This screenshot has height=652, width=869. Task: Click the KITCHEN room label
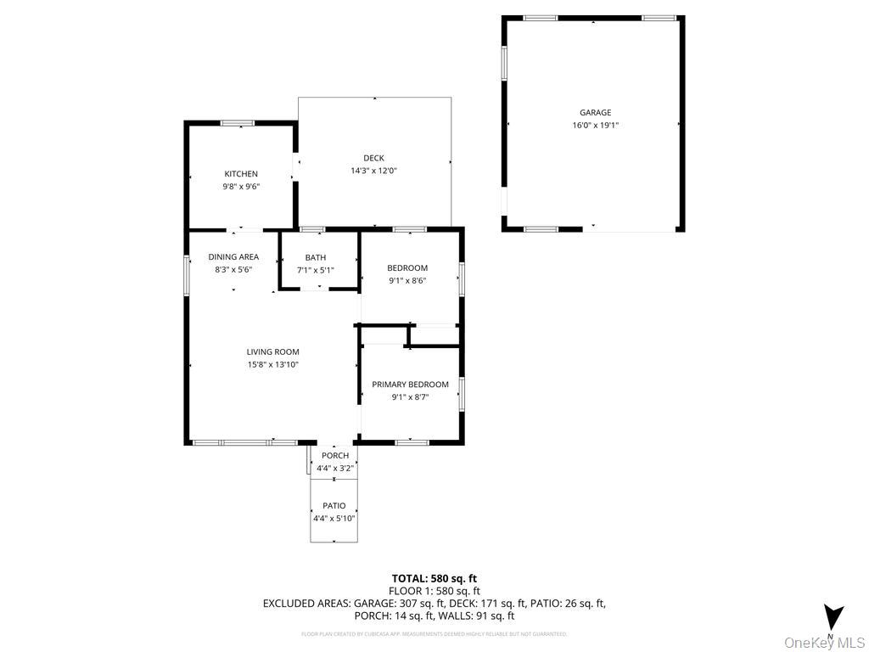pyautogui.click(x=241, y=174)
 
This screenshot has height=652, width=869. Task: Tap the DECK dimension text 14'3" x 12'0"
pyautogui.click(x=373, y=171)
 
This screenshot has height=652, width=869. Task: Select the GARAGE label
pyautogui.click(x=595, y=112)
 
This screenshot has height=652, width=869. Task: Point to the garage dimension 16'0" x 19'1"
pyautogui.click(x=595, y=125)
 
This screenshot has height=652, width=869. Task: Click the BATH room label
pyautogui.click(x=316, y=258)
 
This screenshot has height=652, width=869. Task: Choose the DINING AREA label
pyautogui.click(x=233, y=257)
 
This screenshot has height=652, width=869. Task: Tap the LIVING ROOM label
pyautogui.click(x=272, y=352)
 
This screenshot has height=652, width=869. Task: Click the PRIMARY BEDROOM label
pyautogui.click(x=410, y=385)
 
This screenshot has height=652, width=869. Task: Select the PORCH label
pyautogui.click(x=334, y=456)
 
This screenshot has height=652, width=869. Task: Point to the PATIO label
pyautogui.click(x=334, y=506)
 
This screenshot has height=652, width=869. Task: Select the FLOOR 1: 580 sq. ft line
pyautogui.click(x=434, y=591)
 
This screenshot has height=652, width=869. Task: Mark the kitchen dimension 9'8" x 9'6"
pyautogui.click(x=241, y=187)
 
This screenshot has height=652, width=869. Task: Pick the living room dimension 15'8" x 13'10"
pyautogui.click(x=272, y=365)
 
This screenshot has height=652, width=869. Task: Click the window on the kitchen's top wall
pyautogui.click(x=238, y=124)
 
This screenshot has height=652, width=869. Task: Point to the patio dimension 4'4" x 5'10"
pyautogui.click(x=334, y=518)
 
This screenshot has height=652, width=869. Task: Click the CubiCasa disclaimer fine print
pyautogui.click(x=434, y=634)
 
